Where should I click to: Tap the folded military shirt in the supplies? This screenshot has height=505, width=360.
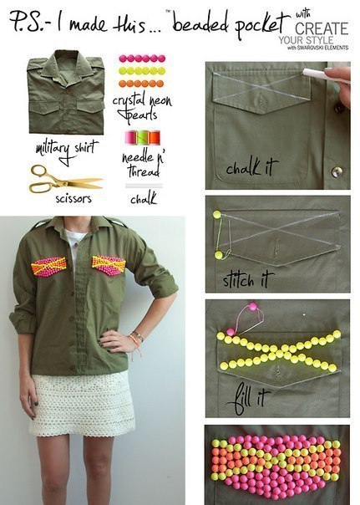tap(66, 92)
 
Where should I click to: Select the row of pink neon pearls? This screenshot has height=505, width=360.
tap(142, 59)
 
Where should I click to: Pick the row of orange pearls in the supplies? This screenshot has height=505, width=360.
tap(141, 84)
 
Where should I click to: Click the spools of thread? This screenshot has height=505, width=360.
tap(143, 137)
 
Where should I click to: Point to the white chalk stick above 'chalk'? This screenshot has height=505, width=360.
tap(144, 186)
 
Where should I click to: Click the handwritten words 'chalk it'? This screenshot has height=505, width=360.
tap(251, 167)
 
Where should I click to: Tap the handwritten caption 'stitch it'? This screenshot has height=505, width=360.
tap(248, 279)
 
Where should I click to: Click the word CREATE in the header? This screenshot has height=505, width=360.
tap(322, 28)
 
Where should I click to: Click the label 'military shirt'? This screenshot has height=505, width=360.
tap(66, 150)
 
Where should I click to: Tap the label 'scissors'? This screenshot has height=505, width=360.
tap(74, 198)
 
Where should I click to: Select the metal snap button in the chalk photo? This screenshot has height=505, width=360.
tap(337, 171)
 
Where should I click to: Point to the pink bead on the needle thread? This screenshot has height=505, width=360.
tap(253, 306)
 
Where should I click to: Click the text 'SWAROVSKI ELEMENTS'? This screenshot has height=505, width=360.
tap(322, 48)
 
